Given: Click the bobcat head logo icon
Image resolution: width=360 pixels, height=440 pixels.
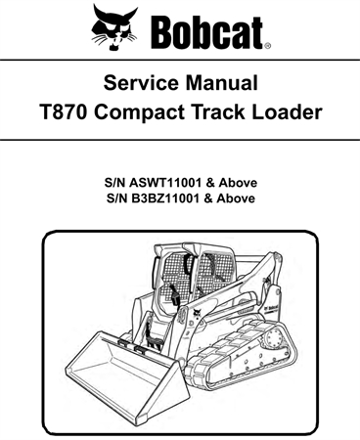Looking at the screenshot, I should point(116,26).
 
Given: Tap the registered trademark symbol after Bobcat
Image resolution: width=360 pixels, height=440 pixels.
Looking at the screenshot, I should point(267,44).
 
